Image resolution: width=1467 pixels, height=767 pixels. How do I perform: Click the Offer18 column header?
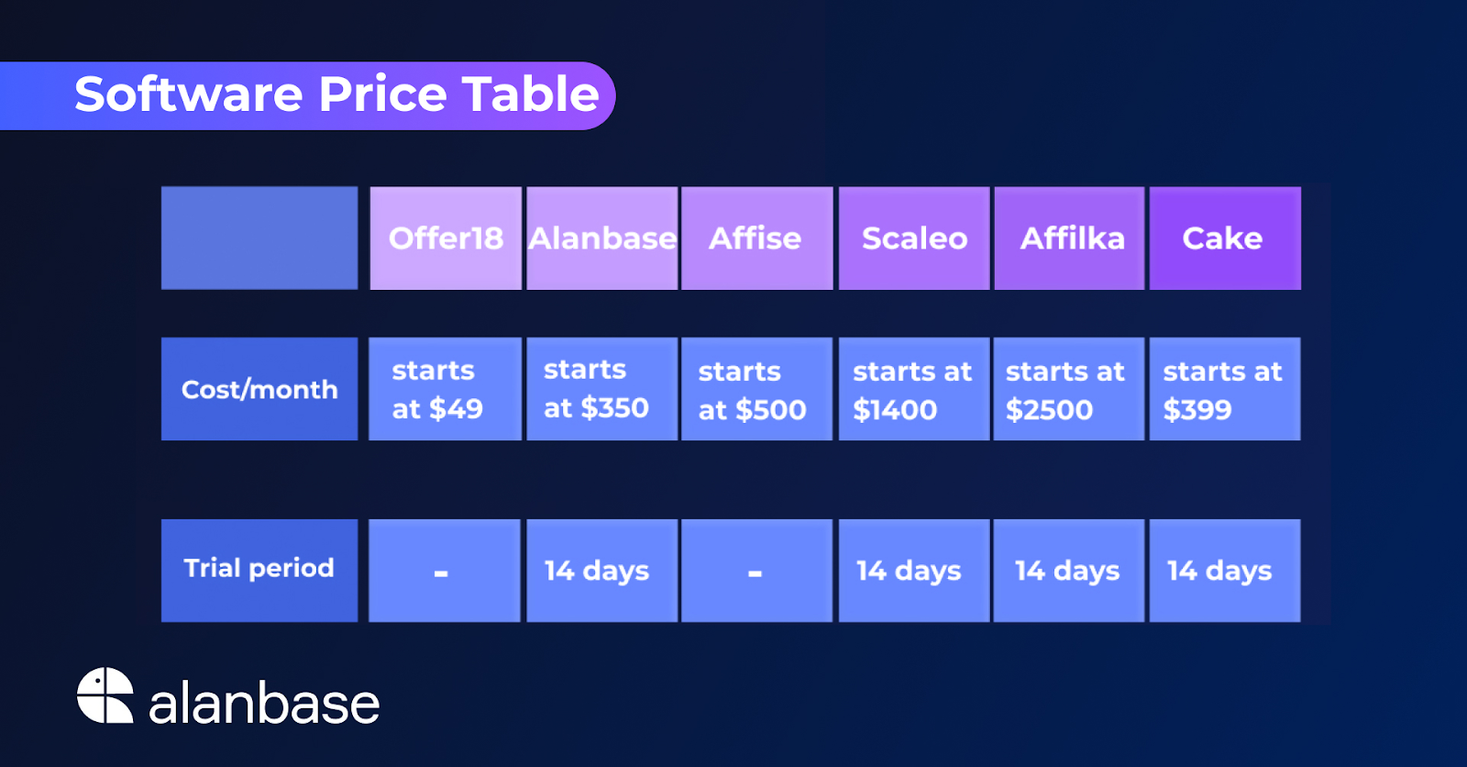click(446, 238)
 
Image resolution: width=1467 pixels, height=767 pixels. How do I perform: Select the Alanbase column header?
click(601, 238)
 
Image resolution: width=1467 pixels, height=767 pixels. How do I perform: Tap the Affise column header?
click(757, 238)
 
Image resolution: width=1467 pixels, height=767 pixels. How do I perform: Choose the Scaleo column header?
click(914, 238)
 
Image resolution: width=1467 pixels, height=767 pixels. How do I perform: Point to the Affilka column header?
click(1069, 238)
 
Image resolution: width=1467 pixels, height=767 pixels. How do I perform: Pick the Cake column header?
click(1225, 238)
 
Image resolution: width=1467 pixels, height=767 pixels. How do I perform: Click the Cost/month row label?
click(259, 389)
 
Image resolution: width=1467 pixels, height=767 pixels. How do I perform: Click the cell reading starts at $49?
click(446, 389)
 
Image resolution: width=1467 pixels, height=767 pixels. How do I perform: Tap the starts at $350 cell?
click(601, 389)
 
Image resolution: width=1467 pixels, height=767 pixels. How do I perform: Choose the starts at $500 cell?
click(757, 389)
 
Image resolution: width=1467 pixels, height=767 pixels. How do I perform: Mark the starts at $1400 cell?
click(914, 389)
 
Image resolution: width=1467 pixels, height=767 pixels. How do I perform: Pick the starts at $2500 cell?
click(1069, 389)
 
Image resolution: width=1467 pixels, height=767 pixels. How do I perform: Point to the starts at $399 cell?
click(1225, 389)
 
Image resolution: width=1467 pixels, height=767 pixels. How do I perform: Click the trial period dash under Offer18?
click(441, 573)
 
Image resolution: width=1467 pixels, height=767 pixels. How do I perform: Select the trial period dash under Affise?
click(756, 573)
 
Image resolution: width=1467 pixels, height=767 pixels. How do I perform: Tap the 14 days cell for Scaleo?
click(914, 571)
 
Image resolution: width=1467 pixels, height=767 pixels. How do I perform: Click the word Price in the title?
click(382, 94)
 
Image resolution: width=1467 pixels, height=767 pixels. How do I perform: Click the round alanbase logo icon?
click(105, 695)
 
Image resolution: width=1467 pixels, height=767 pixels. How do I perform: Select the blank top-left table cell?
click(259, 238)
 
